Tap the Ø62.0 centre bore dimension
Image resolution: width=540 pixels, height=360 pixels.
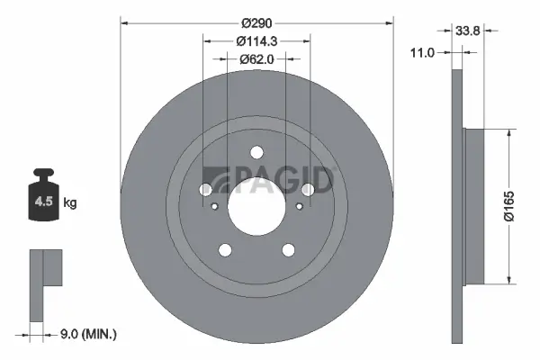click(x=256, y=58)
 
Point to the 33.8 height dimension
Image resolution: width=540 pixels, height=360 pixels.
click(x=466, y=30)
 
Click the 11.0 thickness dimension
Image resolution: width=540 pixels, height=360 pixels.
click(x=422, y=53)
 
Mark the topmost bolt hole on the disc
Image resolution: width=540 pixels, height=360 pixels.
click(x=256, y=152)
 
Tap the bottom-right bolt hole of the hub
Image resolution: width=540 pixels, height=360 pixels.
click(x=289, y=251)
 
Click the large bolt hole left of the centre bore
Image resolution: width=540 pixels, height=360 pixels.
click(x=205, y=189)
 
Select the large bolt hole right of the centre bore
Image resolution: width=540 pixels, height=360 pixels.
click(x=308, y=189)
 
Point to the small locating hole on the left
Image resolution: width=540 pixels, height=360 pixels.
click(x=214, y=206)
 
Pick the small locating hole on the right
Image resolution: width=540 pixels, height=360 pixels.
click(x=299, y=206)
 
